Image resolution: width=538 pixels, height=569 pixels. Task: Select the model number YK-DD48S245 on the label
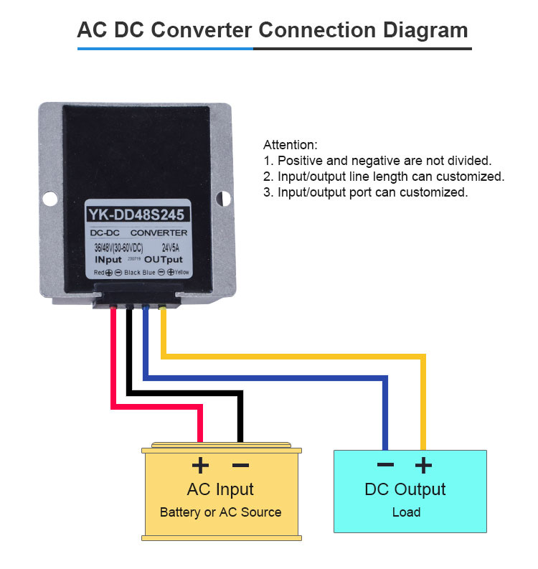coord(138,215)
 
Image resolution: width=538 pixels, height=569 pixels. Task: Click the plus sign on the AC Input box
coord(201,466)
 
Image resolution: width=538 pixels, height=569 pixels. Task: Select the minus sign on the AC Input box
coord(240,466)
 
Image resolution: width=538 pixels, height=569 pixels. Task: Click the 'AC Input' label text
coord(220,490)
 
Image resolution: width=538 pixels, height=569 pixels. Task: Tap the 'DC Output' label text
coord(405,489)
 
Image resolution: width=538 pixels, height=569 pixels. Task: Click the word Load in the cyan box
coord(406,512)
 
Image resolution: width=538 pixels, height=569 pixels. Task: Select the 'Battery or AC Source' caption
coord(220,512)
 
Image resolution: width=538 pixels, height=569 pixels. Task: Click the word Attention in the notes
coord(290,145)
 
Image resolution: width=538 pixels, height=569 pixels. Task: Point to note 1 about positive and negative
coord(377,161)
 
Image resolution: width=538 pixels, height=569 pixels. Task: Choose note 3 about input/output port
coord(365,192)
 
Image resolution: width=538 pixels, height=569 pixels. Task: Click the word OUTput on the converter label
coord(163,259)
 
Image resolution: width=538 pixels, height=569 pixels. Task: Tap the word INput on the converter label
coord(110,259)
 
